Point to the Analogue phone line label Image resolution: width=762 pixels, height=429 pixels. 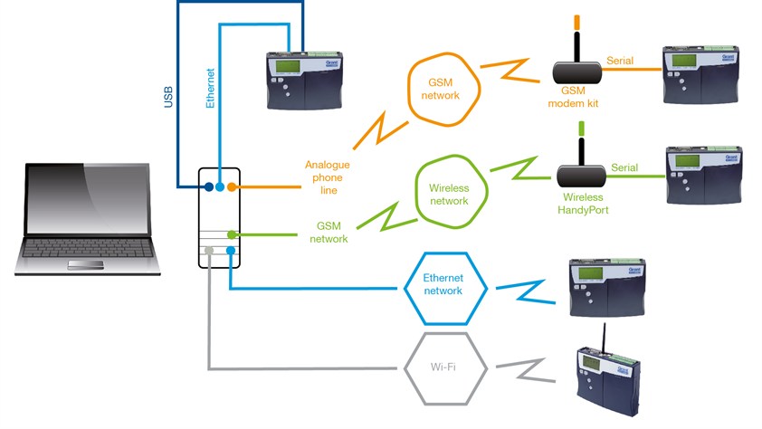[x=327, y=176]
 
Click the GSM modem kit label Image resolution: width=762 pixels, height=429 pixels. [x=574, y=98]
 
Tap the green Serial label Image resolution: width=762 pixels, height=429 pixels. [x=624, y=167]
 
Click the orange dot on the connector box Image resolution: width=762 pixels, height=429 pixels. [x=233, y=187]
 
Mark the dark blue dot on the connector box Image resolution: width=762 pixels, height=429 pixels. [x=208, y=187]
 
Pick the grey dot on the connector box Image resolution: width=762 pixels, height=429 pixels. [x=208, y=251]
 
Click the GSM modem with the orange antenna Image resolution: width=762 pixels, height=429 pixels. [x=576, y=65]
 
